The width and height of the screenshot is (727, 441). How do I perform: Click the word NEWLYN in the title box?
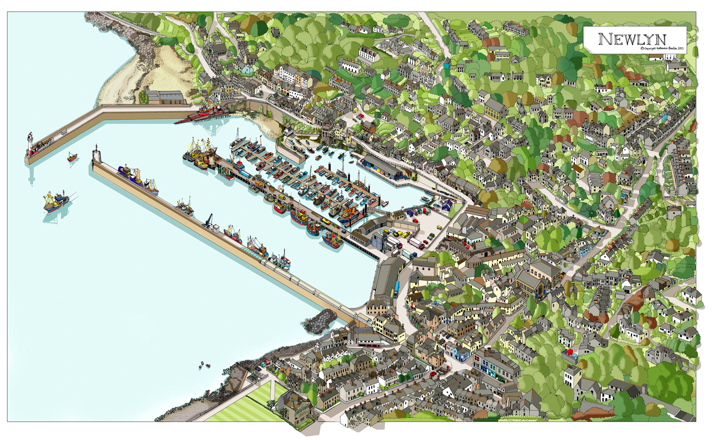[x=632, y=39]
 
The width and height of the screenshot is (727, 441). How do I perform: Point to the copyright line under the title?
[x=662, y=48]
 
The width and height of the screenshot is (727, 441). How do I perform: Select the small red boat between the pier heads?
[x=72, y=157]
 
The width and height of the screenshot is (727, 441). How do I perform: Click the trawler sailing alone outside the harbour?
[x=55, y=201]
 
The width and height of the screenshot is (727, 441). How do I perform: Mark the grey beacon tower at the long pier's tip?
[x=96, y=156]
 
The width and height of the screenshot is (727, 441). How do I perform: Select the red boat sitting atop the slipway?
[x=209, y=109]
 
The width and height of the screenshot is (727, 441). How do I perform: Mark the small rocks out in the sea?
[x=204, y=365]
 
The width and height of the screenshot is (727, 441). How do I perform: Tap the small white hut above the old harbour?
[x=288, y=131]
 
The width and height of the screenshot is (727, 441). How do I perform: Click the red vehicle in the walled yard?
[x=570, y=352]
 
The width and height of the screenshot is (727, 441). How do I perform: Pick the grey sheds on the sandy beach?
[x=166, y=97]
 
